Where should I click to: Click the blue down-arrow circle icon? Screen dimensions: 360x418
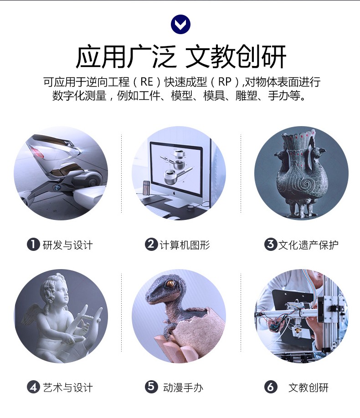point(180,24)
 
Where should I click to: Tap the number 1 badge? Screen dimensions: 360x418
point(33,244)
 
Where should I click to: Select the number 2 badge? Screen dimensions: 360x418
point(151,244)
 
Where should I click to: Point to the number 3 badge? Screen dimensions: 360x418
point(271,244)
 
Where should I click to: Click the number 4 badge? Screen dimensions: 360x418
point(33,387)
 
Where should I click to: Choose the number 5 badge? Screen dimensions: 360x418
point(151,387)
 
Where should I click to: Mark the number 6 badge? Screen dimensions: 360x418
point(271,387)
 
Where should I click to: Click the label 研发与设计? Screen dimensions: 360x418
point(68,245)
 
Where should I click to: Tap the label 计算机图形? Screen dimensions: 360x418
point(185,245)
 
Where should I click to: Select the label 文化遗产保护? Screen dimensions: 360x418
point(308,245)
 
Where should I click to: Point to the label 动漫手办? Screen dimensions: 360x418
point(183,387)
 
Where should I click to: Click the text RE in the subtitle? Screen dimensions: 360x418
point(147,82)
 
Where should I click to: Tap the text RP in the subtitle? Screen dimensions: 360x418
point(225,82)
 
